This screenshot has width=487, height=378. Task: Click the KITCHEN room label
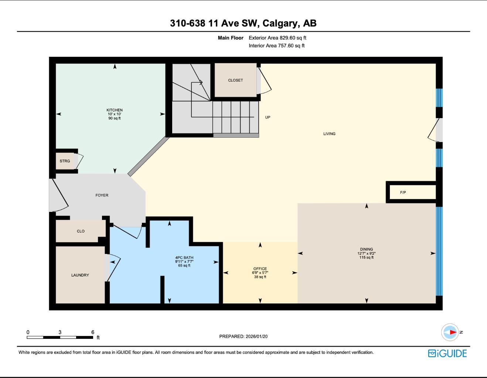[115, 110]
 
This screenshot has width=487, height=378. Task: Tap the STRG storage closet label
[65, 161]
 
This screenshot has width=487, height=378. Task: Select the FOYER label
[102, 195]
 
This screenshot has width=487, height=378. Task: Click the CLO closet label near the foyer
[81, 231]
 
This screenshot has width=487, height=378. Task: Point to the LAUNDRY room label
[80, 275]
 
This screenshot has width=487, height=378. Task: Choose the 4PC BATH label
[184, 258]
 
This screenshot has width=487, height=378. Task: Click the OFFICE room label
[260, 269]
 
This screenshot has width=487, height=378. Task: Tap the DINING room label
[367, 249]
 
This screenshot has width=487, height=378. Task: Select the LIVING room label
[329, 134]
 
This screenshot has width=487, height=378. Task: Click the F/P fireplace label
[403, 192]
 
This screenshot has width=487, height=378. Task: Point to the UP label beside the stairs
[268, 117]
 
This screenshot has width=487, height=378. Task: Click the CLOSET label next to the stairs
[235, 80]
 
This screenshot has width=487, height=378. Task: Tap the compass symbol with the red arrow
[450, 332]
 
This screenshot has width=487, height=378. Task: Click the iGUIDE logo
[447, 353]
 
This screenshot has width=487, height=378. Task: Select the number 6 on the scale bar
[93, 332]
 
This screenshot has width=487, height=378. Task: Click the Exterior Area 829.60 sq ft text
[277, 38]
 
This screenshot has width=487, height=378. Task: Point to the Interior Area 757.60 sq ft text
[276, 46]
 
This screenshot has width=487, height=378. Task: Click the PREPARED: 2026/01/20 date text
[243, 336]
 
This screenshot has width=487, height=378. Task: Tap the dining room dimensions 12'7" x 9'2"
[367, 254]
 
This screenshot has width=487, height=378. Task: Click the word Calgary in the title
[281, 23]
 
